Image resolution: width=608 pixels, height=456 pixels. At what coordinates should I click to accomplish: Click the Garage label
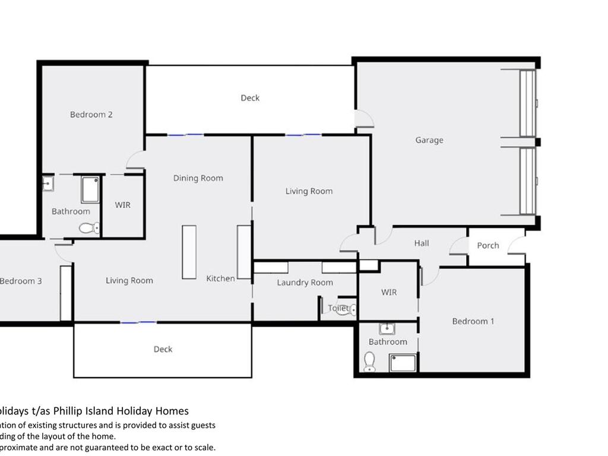tap(429, 140)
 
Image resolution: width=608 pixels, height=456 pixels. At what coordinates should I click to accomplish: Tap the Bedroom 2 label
tap(91, 115)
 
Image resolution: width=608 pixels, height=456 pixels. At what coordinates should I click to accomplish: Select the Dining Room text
tap(198, 178)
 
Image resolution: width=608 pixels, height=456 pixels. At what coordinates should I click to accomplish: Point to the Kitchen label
tap(220, 278)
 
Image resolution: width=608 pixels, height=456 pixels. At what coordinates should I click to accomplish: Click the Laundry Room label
tap(305, 283)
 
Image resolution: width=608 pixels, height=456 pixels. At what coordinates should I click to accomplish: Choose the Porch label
tap(488, 245)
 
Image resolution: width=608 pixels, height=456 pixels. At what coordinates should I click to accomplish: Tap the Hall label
tap(422, 243)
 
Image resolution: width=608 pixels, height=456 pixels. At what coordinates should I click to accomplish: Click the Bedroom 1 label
tap(473, 321)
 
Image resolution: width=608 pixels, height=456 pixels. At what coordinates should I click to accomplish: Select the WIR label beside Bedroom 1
tap(389, 292)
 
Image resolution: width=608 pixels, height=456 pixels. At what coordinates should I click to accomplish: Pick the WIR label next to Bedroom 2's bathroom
tap(122, 205)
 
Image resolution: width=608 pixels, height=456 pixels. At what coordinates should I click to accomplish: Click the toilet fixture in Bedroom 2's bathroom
tap(89, 227)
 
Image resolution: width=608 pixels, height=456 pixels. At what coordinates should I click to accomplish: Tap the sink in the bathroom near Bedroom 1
tap(387, 329)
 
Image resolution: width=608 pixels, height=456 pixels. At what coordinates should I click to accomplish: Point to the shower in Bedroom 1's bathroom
tap(403, 362)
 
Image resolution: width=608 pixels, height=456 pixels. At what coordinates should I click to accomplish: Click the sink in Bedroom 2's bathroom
tap(48, 184)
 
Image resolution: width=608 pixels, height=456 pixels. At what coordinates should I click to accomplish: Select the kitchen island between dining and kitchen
tap(189, 252)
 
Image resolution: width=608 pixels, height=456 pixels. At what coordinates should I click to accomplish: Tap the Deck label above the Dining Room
tap(250, 98)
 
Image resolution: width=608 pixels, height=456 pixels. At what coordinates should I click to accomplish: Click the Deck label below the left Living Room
tap(163, 349)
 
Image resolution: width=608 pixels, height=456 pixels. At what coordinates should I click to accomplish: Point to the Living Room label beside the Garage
tap(309, 191)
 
